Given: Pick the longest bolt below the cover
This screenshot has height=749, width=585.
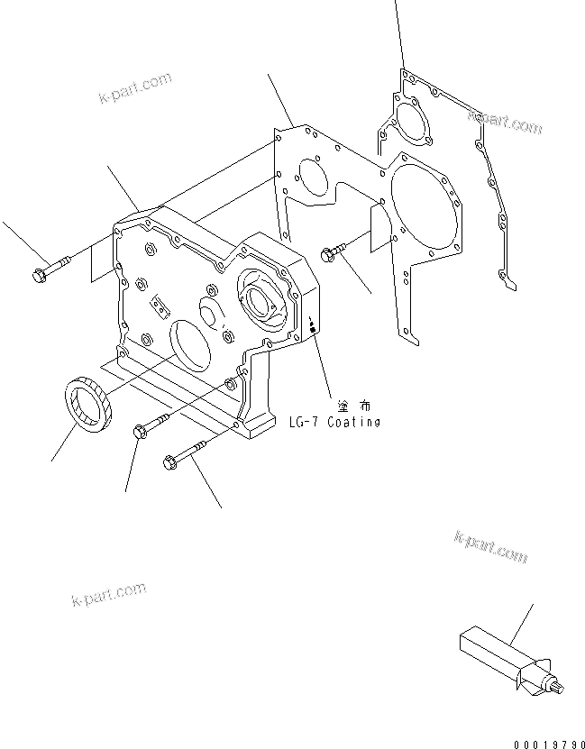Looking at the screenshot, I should click(x=189, y=453).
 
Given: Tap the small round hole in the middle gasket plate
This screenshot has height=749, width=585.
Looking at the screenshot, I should click(x=311, y=177).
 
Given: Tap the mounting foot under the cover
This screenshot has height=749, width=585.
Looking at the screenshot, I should click(x=258, y=420).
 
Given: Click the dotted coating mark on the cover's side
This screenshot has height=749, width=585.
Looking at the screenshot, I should click(x=312, y=325).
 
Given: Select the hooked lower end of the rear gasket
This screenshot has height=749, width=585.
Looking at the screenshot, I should click(x=508, y=281).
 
